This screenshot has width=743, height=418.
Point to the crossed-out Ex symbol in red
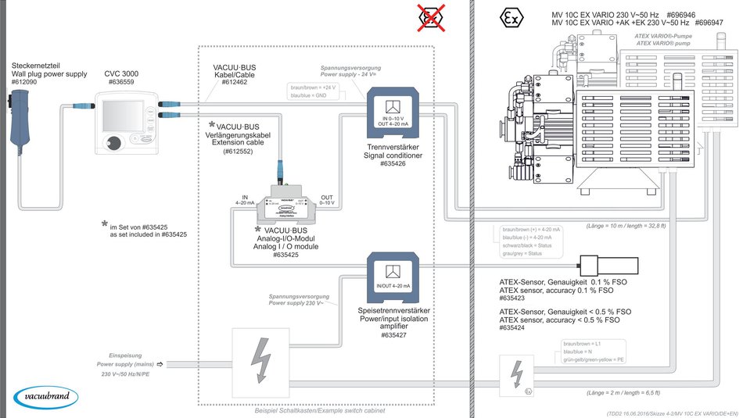(x=429, y=16)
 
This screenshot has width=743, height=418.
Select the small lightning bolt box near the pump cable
(x=515, y=373)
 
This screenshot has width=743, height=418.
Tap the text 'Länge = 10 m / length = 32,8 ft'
(x=626, y=226)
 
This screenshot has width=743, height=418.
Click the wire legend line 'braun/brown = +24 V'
(x=312, y=88)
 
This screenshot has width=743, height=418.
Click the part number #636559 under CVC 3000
(x=121, y=80)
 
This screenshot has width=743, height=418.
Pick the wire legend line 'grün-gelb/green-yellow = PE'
(x=594, y=359)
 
